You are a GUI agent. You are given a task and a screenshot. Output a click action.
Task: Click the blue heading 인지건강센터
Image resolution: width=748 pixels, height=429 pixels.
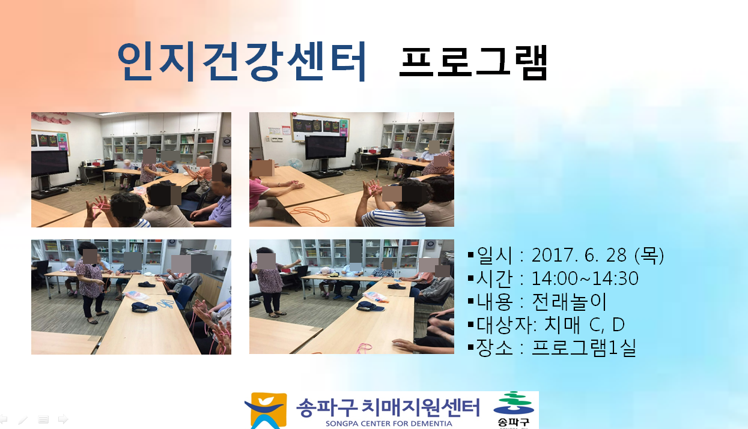point(242,62)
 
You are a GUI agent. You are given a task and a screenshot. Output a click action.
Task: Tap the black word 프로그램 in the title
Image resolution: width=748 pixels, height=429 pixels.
point(473,63)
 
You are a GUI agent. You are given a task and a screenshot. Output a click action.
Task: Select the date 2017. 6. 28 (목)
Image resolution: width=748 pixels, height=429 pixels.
point(597,256)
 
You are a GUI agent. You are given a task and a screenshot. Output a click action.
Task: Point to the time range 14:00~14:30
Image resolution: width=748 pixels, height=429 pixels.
point(585,278)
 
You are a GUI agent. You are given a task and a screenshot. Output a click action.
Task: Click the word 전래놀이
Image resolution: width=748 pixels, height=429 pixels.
point(569,301)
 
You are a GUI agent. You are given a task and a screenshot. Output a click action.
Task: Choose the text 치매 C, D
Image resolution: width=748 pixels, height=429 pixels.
point(585,324)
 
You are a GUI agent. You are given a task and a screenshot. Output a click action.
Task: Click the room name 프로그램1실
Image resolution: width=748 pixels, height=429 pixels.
point(584,347)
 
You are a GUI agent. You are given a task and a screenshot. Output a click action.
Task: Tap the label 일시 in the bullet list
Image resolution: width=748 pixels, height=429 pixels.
point(494,256)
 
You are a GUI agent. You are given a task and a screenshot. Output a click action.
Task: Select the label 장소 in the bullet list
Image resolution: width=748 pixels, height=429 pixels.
point(494,347)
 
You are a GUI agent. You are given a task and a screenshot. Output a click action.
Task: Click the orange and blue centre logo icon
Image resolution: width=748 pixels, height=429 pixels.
point(266,410)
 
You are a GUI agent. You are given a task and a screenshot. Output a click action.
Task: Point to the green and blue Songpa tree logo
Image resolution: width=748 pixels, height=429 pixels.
point(514,403)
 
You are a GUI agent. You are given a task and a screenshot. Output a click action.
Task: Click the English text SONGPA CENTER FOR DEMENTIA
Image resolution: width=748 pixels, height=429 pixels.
point(389,424)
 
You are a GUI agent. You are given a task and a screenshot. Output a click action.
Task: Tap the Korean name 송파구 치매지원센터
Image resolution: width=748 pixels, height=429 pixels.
point(388,407)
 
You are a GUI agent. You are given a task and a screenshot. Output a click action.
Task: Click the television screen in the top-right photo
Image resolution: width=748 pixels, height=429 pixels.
point(326,147)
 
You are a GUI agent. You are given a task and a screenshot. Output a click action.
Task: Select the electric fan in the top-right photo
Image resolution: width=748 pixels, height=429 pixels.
point(294,165)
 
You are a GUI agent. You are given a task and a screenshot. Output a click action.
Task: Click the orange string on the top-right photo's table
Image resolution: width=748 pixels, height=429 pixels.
point(309,214)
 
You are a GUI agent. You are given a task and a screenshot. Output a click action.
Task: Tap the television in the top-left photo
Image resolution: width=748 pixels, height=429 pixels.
point(50,164)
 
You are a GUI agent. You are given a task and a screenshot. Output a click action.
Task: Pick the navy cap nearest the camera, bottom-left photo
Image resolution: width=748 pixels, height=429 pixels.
point(144,307)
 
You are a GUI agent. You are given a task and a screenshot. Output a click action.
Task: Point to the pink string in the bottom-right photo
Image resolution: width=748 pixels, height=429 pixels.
point(364,348)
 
